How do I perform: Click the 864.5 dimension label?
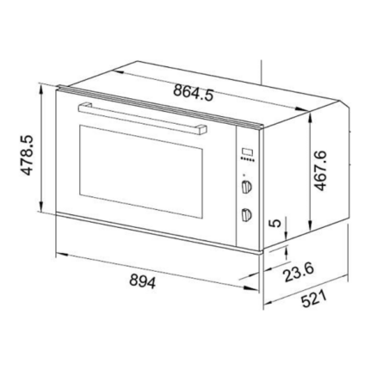click(x=194, y=92)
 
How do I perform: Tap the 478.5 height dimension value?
click(x=28, y=155)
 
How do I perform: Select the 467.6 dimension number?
click(x=320, y=170)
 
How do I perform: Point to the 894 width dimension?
click(x=142, y=281)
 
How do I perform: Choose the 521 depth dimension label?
click(x=314, y=299)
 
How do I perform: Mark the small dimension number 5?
click(x=275, y=223)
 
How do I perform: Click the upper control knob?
click(x=246, y=187)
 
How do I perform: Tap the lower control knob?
click(x=246, y=214)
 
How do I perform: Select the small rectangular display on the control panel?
click(x=247, y=152)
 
